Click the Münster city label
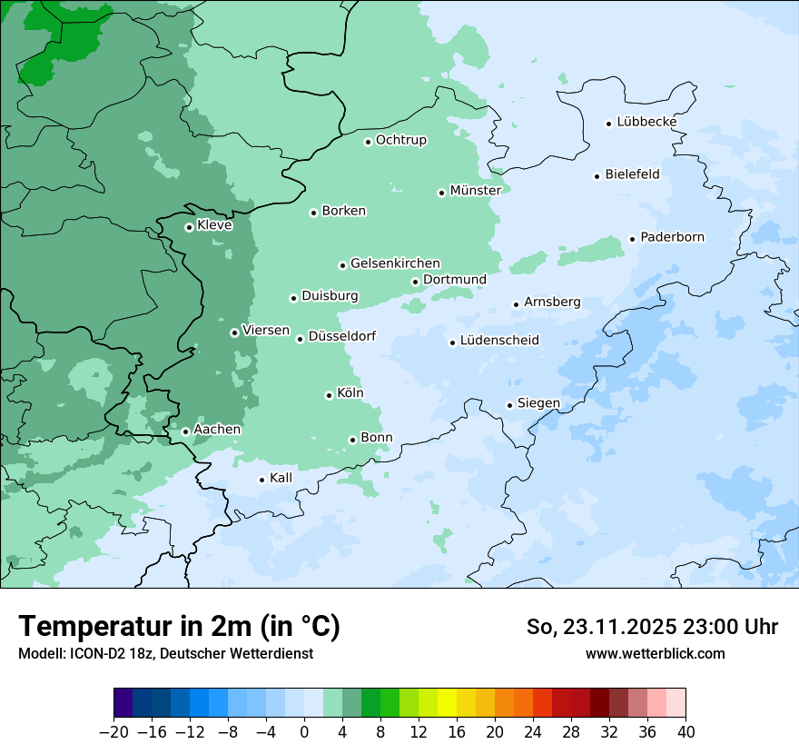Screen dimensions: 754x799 click(x=475, y=191)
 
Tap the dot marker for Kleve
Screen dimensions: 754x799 click(x=189, y=227)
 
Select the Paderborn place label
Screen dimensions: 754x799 click(x=672, y=238)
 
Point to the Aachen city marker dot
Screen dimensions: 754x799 click(x=185, y=432)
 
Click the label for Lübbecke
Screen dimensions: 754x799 click(x=646, y=123)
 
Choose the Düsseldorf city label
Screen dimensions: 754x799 click(x=341, y=337)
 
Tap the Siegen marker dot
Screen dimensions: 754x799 click(x=510, y=405)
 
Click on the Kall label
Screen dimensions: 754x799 click(x=281, y=478)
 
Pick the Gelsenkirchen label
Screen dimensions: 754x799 click(x=395, y=263)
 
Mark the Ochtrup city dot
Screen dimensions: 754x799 click(x=368, y=142)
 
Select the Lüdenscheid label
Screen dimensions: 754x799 click(x=499, y=341)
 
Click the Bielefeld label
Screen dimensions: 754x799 click(x=632, y=174)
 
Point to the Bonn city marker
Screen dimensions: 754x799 click(x=352, y=440)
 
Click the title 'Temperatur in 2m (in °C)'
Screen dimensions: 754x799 click(x=179, y=626)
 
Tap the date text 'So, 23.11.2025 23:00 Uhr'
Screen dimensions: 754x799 click(x=652, y=627)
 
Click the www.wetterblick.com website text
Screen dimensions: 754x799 click(x=655, y=653)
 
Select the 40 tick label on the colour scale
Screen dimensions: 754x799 click(x=686, y=732)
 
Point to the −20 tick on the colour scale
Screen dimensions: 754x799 click(x=113, y=732)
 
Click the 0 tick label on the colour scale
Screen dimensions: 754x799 click(x=304, y=732)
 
